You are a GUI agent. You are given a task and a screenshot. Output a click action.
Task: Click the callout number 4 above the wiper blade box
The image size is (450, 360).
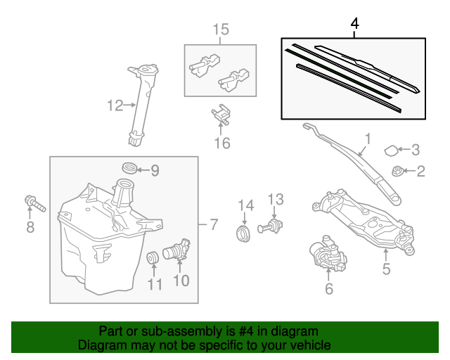tap(354, 24)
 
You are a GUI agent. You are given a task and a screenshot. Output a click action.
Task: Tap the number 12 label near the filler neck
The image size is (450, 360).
tap(115, 105)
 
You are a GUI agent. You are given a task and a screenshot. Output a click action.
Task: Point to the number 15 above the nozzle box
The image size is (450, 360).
tap(220, 30)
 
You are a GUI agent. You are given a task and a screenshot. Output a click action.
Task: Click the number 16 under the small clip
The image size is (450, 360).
tap(222, 143)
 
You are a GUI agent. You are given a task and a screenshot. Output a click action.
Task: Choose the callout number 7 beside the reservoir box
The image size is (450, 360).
tap(214, 225)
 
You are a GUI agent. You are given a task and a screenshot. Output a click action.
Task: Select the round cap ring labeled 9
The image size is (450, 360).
tap(129, 169)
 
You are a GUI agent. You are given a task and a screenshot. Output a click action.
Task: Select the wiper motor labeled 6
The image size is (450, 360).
tap(326, 255)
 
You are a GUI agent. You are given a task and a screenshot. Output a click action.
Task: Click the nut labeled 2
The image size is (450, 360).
tap(396, 171)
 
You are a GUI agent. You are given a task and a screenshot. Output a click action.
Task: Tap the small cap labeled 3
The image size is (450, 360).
tap(390, 149)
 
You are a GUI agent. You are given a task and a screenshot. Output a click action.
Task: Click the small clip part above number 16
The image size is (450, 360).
tap(221, 115)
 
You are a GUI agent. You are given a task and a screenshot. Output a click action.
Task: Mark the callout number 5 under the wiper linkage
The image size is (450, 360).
tap(385, 268)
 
